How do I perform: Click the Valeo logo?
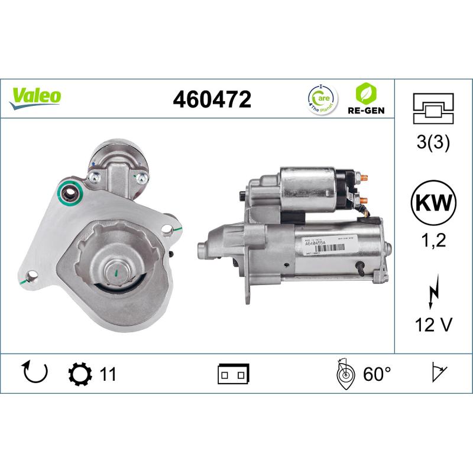point(35,96)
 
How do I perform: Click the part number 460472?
point(212,99)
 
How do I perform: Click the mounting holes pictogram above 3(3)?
point(433,108)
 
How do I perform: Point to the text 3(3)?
point(433,144)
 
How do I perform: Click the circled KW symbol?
point(433,203)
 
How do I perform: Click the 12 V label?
point(433,324)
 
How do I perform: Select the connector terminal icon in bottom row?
point(234,374)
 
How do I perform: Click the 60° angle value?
point(377,374)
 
